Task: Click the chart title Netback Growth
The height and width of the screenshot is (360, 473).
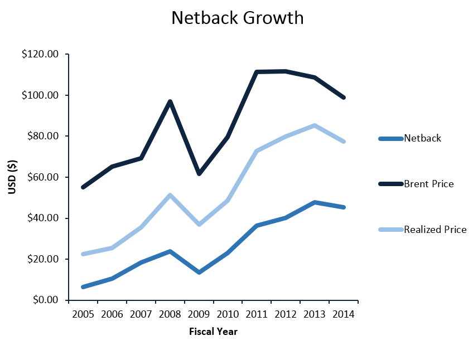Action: click(237, 18)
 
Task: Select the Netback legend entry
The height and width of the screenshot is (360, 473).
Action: click(422, 138)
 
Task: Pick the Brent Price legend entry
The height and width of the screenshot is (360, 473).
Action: click(428, 184)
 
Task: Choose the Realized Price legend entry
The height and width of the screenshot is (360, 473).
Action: click(435, 229)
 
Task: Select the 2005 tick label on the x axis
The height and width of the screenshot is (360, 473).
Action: click(83, 314)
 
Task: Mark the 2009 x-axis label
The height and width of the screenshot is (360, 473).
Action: click(199, 314)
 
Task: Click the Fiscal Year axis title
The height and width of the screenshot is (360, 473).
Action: click(213, 332)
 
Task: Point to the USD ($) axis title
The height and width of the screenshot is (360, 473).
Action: click(12, 177)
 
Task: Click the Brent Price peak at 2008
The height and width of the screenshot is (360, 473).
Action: click(170, 101)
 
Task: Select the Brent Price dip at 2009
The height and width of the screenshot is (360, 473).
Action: click(199, 174)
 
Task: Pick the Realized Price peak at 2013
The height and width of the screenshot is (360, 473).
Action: click(315, 125)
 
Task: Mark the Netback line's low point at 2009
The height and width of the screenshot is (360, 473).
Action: click(199, 273)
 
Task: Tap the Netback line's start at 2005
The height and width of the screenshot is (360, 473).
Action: click(83, 287)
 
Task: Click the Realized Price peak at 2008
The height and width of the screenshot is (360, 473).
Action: click(170, 195)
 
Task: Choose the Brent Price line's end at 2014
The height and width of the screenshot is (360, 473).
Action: click(344, 98)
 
